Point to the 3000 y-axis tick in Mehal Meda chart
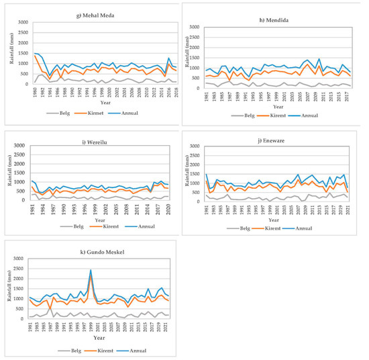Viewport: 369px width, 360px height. click(20, 23)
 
